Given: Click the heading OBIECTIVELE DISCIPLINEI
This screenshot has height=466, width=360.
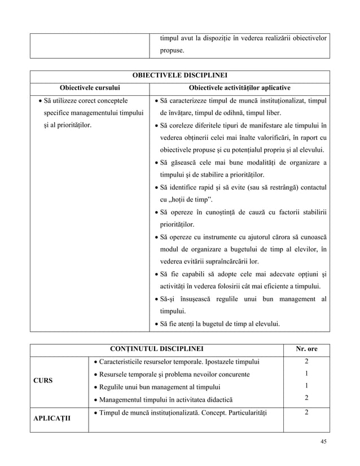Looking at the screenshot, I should click(x=179, y=76).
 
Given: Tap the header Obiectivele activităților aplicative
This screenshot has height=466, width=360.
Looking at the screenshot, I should click(x=240, y=87).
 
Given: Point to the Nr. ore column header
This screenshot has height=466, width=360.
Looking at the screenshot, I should click(x=306, y=349).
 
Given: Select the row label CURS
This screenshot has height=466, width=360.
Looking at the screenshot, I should click(x=43, y=380).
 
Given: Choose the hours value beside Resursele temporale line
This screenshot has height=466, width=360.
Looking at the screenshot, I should click(x=306, y=373).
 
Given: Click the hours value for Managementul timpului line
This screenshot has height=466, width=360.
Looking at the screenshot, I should click(x=306, y=398).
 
